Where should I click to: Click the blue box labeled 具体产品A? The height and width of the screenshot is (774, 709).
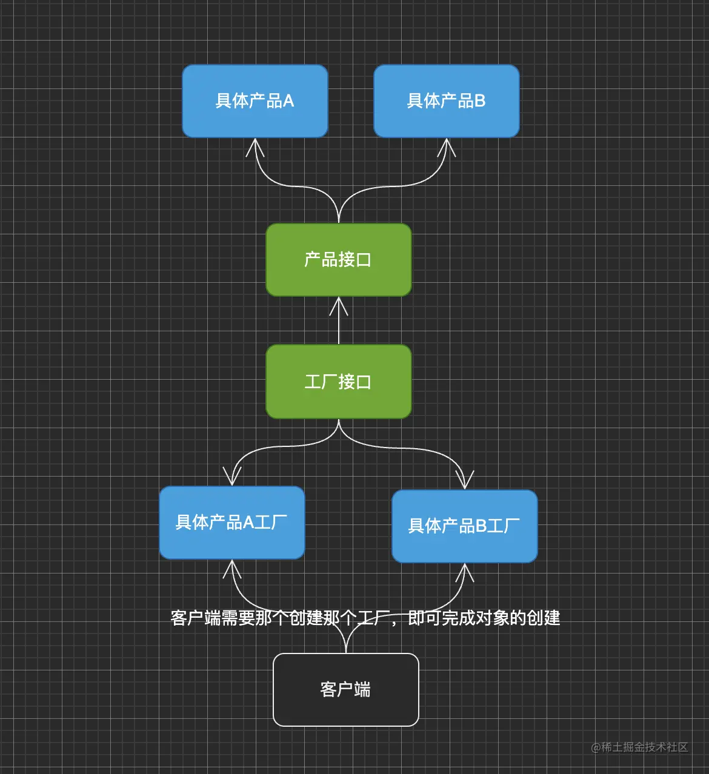pyautogui.click(x=255, y=101)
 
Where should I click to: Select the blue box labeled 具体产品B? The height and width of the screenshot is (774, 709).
pyautogui.click(x=447, y=101)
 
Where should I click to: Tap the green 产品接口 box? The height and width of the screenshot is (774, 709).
pyautogui.click(x=339, y=260)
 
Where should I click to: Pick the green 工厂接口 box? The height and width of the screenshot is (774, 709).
pyautogui.click(x=339, y=382)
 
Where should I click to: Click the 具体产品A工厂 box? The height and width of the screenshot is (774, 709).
pyautogui.click(x=232, y=523)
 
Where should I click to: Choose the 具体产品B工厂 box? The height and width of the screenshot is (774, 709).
pyautogui.click(x=465, y=526)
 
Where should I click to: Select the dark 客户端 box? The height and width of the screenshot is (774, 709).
pyautogui.click(x=346, y=689)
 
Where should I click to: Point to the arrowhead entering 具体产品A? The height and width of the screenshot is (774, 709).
pyautogui.click(x=255, y=145)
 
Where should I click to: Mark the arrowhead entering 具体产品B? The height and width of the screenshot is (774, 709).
pyautogui.click(x=447, y=145)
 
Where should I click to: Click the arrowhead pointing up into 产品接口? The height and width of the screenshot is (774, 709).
pyautogui.click(x=339, y=305)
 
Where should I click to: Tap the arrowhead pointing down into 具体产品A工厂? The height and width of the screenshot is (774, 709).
pyautogui.click(x=232, y=478)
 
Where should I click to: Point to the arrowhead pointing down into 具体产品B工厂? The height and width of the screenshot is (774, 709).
pyautogui.click(x=465, y=481)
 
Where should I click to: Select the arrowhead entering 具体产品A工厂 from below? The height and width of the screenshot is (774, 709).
pyautogui.click(x=232, y=567)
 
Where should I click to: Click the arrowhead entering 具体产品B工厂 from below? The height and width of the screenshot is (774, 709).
pyautogui.click(x=465, y=571)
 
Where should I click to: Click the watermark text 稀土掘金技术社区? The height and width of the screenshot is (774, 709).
pyautogui.click(x=645, y=747)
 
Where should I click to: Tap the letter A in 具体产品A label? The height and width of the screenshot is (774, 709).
pyautogui.click(x=288, y=101)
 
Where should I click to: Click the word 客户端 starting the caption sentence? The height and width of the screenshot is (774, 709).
pyautogui.click(x=195, y=618)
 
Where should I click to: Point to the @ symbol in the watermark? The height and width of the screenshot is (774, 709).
pyautogui.click(x=596, y=748)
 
